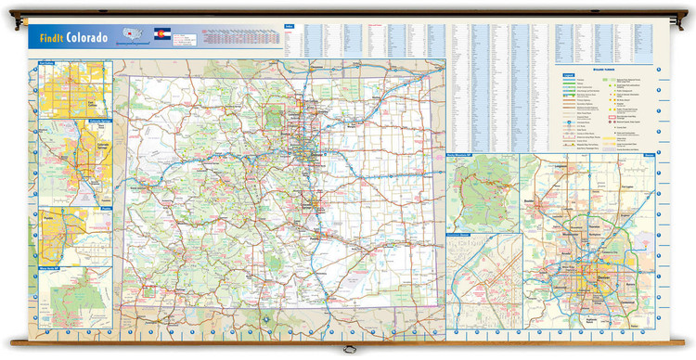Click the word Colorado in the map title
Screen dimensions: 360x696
(x=86, y=37)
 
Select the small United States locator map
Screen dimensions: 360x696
(x=132, y=35)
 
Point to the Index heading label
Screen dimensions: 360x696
(x=290, y=26)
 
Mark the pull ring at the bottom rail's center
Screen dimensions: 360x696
(x=348, y=350)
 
